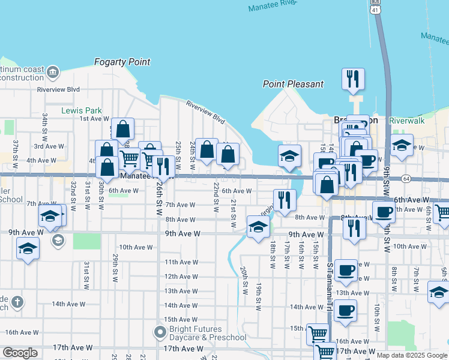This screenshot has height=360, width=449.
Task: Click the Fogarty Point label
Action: pyautogui.click(x=122, y=62)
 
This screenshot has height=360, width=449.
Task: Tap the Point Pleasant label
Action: pyautogui.click(x=293, y=84)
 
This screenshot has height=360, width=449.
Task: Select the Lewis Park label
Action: pyautogui.click(x=82, y=110)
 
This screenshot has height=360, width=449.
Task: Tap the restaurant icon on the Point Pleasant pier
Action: pyautogui.click(x=353, y=78)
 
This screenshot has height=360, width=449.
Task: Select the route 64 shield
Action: pyautogui.click(x=406, y=178)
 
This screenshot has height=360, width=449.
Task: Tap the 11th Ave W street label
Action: pyautogui.click(x=181, y=262)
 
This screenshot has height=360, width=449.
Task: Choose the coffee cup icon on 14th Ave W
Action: pyautogui.click(x=346, y=310)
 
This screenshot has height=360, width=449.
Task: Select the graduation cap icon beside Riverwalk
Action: pyautogui.click(x=402, y=145)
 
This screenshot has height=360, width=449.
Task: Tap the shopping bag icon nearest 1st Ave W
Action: pyautogui.click(x=122, y=128)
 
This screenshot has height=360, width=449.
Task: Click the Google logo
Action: pyautogui.click(x=19, y=353)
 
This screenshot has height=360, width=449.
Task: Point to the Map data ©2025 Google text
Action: pyautogui.click(x=412, y=355)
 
